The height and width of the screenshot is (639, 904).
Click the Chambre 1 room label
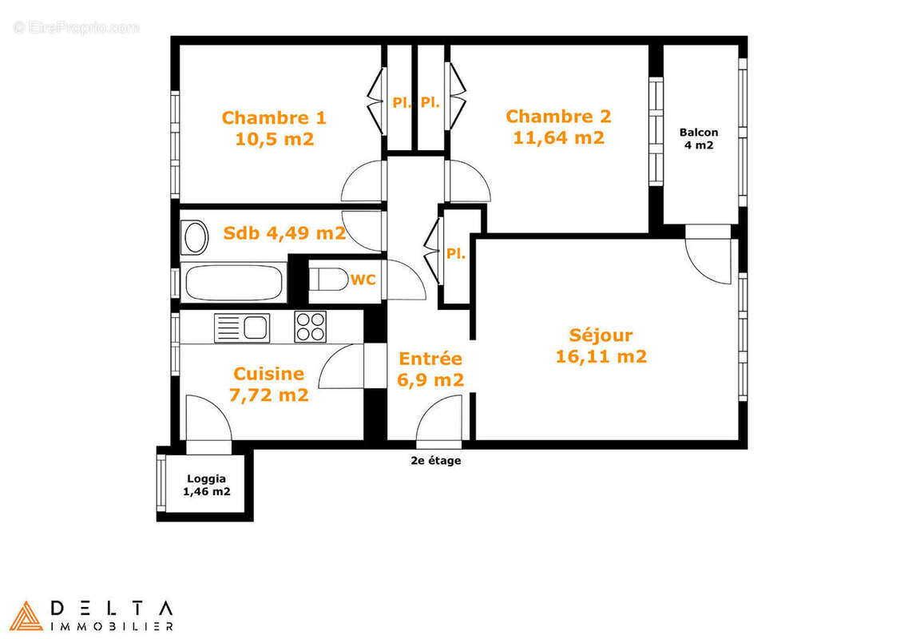tap(274, 118)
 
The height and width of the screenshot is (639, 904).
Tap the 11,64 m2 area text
tap(558, 137)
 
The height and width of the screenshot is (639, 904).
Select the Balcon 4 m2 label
tap(699, 138)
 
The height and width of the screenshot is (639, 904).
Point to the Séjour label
tap(601, 335)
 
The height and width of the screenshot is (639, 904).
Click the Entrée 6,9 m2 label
tap(430, 369)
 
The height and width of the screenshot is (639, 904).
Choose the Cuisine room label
tap(268, 374)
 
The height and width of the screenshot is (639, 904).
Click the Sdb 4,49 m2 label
tap(284, 233)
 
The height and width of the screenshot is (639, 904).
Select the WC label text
tap(363, 280)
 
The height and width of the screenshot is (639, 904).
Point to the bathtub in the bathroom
tap(233, 283)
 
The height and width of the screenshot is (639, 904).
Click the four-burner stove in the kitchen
tap(311, 326)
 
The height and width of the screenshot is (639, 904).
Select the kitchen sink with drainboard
tap(243, 327)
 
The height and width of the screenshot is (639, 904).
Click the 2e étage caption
tap(435, 461)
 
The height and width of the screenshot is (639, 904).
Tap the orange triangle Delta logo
tap(26, 615)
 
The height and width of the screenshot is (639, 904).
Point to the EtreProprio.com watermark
tap(76, 27)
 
